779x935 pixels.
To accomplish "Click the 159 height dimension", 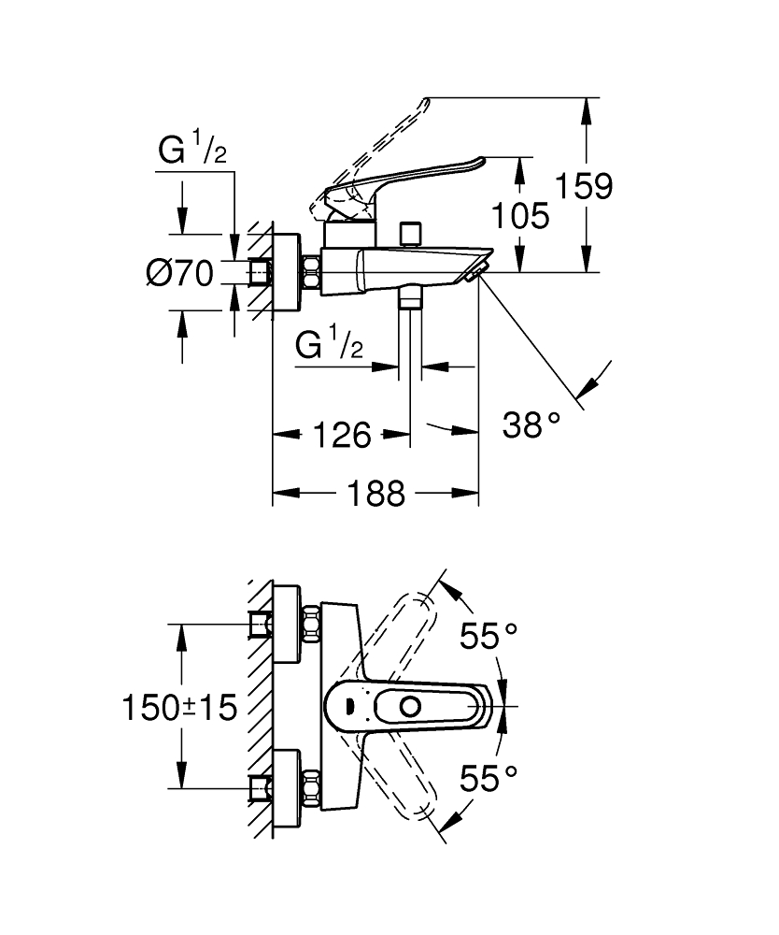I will [586, 186].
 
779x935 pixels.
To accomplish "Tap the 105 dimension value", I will [521, 216].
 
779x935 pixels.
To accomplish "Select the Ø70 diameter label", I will [180, 273].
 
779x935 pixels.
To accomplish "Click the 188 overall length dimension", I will [380, 493].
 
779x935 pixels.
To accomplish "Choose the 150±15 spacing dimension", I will [179, 707].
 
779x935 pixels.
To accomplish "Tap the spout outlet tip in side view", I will [476, 270].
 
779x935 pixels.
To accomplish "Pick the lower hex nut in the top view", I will [309, 786].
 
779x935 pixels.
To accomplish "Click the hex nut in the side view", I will [310, 273].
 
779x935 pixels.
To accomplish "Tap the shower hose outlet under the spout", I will [410, 301].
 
